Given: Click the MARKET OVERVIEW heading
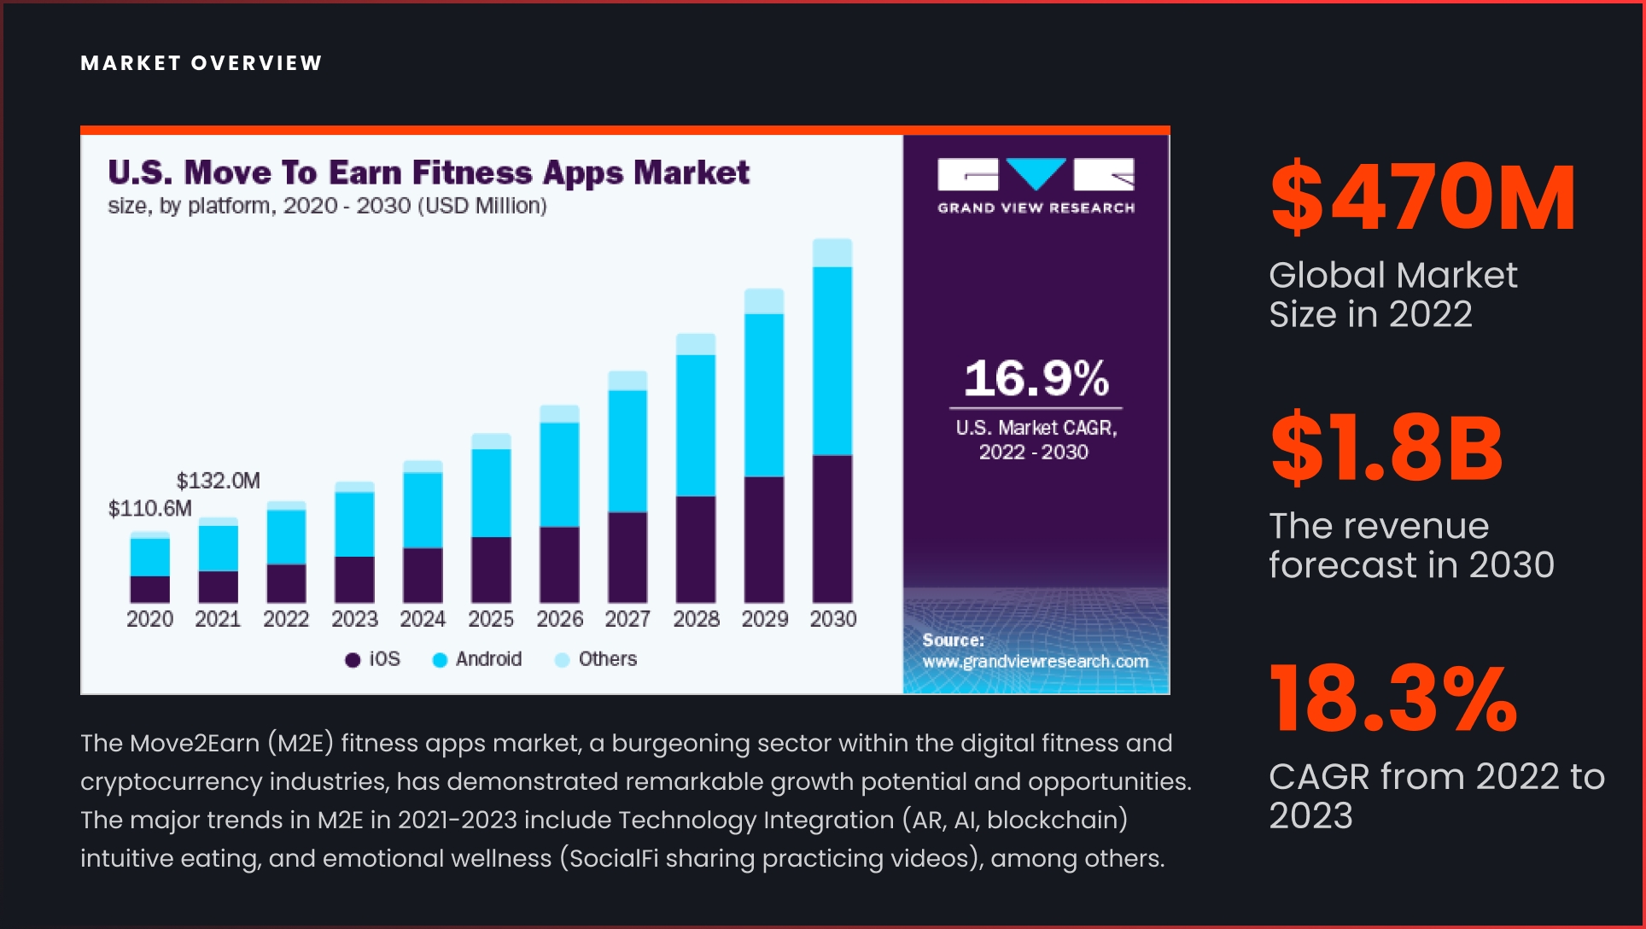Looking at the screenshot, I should click(x=201, y=63).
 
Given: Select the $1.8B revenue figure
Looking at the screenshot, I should click(x=1386, y=448).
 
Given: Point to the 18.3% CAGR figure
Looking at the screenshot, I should click(x=1393, y=699).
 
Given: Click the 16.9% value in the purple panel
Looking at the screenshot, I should click(x=1036, y=378).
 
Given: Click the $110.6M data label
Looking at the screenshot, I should click(x=149, y=509).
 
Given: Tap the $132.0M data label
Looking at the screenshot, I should click(x=218, y=481).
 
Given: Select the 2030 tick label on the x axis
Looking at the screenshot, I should click(x=832, y=619).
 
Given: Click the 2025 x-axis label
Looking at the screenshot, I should click(x=491, y=619).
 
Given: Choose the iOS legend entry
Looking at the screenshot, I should click(x=373, y=659).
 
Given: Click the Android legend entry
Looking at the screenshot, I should click(x=477, y=659).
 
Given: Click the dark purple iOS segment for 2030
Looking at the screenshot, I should click(x=832, y=529).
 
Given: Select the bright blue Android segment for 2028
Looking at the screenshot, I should click(x=696, y=425).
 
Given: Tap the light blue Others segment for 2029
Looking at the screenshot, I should click(x=764, y=301).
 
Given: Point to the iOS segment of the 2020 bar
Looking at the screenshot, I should click(x=149, y=589).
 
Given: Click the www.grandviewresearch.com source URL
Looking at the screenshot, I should click(x=1035, y=662).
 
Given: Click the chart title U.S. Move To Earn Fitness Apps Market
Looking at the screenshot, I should click(x=429, y=172).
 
